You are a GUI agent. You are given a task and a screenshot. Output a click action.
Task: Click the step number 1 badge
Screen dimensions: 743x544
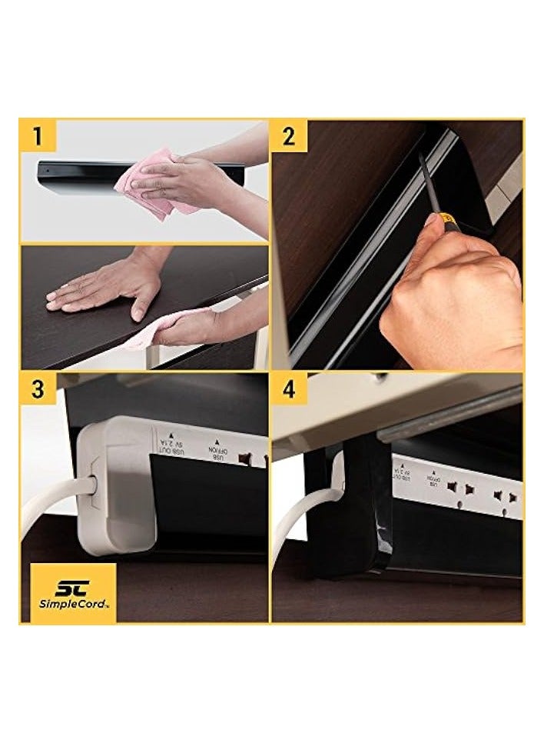(38, 137)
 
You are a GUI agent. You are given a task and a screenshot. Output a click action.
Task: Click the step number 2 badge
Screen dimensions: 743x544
(289, 137)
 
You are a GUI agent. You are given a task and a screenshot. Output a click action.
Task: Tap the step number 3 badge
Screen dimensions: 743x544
(38, 389)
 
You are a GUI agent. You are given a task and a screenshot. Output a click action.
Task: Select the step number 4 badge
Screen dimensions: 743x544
(289, 389)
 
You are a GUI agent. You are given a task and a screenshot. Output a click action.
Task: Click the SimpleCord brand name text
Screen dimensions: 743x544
(73, 604)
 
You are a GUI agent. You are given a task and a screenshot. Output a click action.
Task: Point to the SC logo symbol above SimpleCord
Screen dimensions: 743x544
(73, 586)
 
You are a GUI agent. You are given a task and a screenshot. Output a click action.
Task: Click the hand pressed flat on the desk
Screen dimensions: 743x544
(108, 288)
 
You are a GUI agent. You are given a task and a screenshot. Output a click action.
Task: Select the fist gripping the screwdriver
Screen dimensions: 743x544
(453, 300)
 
